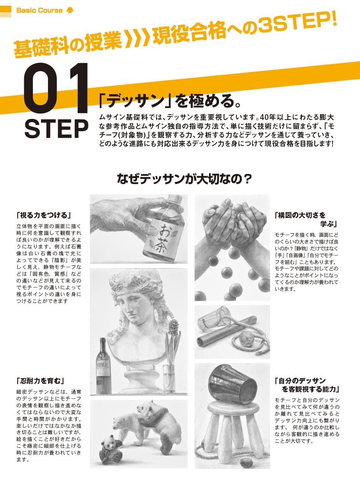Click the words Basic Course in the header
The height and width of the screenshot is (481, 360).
pos(39,10)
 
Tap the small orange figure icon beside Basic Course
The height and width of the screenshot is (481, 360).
pos(70,10)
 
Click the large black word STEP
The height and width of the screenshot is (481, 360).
pos(56,129)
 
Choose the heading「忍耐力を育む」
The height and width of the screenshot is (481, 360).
pos(41,381)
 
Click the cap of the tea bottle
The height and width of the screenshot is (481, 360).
pos(175,198)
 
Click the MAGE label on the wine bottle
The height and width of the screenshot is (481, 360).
pos(103,366)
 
